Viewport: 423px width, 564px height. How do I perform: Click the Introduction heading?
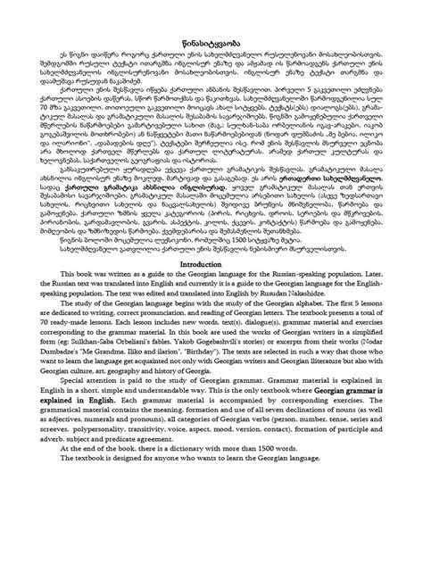pyautogui.click(x=211, y=292)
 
